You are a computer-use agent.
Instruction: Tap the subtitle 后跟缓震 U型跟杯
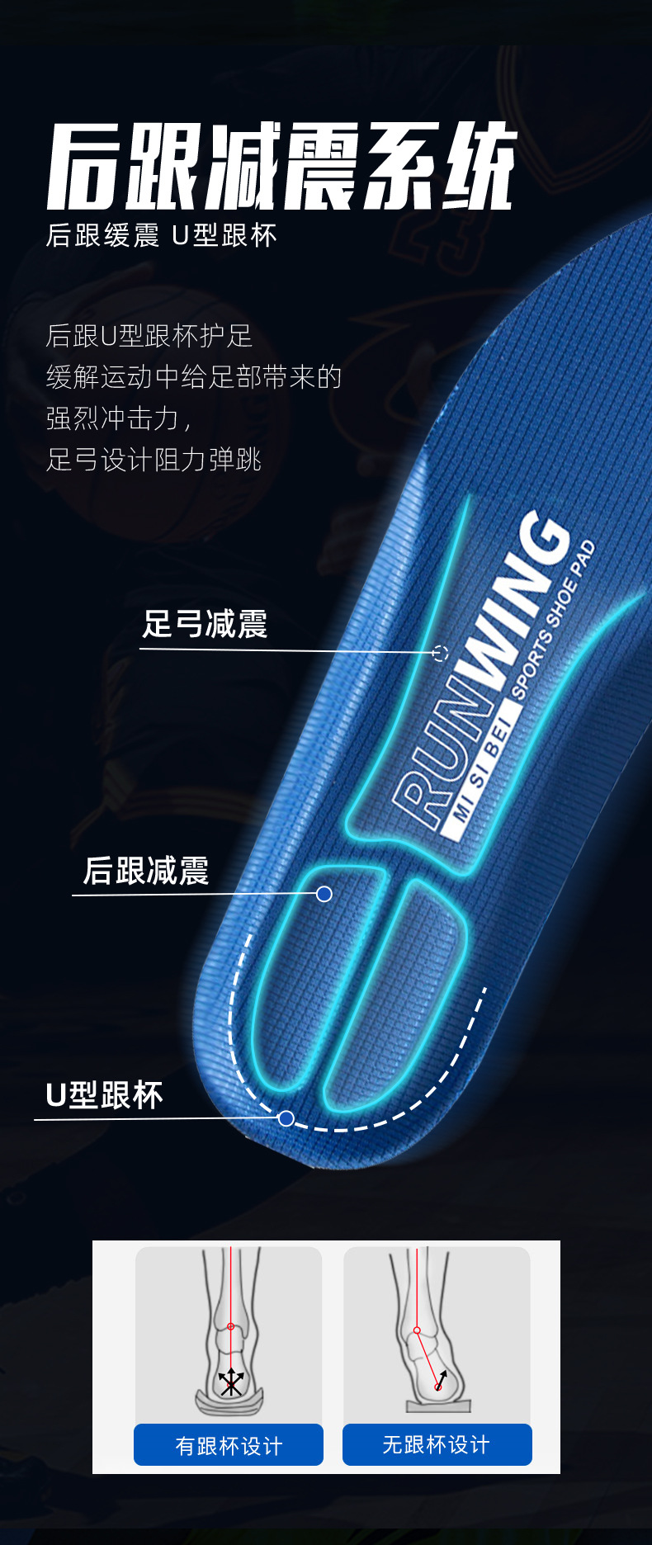coord(162,236)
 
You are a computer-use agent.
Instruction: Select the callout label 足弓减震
coord(205,624)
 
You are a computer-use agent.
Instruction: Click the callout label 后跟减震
coord(146,871)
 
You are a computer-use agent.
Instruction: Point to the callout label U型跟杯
coord(104,1095)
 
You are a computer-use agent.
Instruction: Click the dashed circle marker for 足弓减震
coord(440,654)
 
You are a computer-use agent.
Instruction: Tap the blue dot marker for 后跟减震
coord(324,894)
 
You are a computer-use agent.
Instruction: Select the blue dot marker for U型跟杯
coord(286,1118)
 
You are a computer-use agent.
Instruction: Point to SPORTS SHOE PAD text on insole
coord(553,620)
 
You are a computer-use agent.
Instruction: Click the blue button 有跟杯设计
coord(229,1445)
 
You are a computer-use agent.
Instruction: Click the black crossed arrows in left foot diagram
coord(231,1382)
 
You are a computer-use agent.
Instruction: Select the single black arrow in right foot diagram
coord(442,1379)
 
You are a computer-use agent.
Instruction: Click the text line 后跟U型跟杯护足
coord(149,336)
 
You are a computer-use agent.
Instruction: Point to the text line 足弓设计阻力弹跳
coord(154,460)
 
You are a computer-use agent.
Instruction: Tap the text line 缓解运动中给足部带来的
coord(194,377)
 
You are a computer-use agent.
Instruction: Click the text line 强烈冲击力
coord(119,418)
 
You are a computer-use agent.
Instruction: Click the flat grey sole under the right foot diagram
coord(437,1406)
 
